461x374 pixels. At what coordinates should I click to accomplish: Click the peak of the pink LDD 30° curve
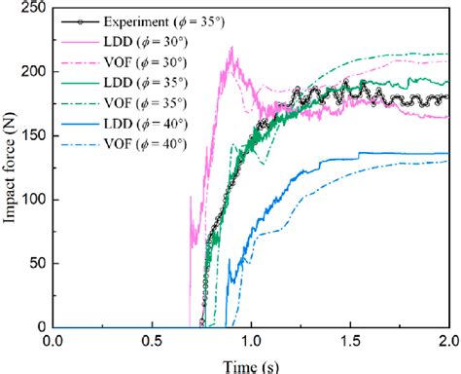[x=230, y=48]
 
